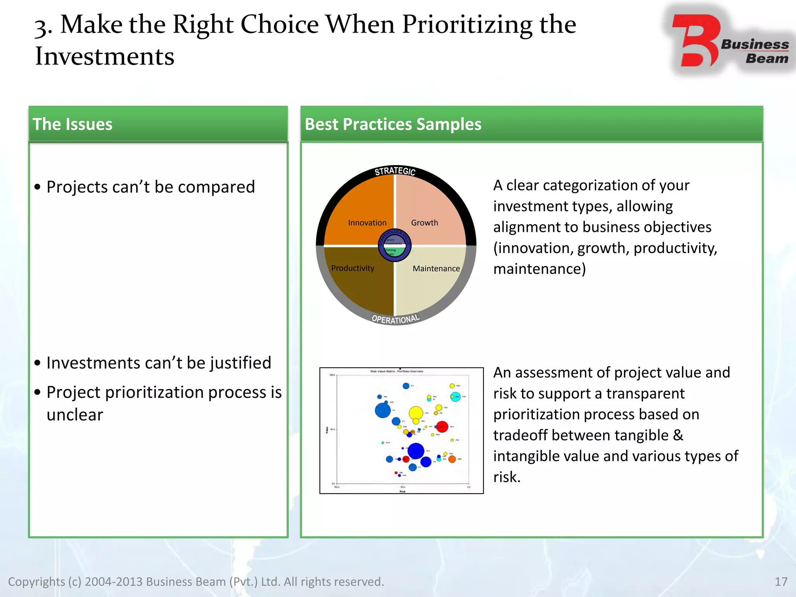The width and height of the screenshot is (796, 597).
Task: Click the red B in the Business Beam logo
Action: coord(696,41)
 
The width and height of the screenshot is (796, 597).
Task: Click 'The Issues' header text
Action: coord(72,124)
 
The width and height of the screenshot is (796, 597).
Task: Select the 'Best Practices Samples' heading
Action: coord(393,124)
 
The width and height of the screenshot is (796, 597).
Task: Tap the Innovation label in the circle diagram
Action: coord(367,223)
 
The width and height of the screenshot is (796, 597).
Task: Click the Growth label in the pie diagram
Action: coord(424,223)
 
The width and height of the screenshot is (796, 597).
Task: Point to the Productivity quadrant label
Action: coord(353,268)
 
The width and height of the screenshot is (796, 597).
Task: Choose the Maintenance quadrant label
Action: coord(436,269)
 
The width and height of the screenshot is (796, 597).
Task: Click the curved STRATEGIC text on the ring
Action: coord(395,171)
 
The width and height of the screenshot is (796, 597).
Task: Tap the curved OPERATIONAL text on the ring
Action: coord(396,319)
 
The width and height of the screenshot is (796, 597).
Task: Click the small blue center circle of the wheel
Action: coord(395,245)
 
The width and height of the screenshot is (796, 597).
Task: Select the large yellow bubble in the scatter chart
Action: coord(415,413)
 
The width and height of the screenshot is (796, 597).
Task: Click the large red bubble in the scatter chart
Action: coord(442,427)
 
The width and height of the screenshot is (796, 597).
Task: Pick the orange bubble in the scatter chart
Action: coord(452,459)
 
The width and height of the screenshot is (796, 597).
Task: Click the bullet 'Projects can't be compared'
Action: coord(150,187)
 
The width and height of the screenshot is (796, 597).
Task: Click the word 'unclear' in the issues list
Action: coord(75,415)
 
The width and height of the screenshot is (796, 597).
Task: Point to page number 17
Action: coord(781,581)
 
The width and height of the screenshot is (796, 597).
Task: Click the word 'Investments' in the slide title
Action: coord(104,56)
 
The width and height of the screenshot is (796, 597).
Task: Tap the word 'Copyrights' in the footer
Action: coord(37,582)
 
